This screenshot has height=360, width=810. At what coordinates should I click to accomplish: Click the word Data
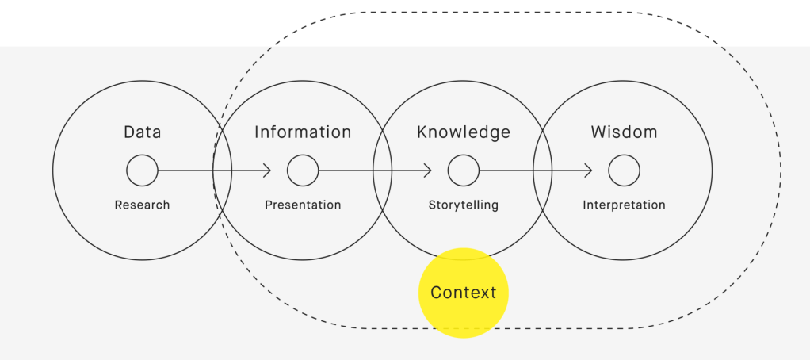[143, 132]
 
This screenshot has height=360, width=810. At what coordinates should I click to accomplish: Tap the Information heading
[303, 132]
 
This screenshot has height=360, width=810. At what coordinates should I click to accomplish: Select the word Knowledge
[464, 132]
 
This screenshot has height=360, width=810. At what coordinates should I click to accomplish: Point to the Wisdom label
[624, 132]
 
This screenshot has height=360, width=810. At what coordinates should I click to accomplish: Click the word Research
[143, 205]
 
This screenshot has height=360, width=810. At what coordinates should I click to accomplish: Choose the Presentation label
[303, 205]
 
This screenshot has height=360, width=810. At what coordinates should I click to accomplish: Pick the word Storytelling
[464, 205]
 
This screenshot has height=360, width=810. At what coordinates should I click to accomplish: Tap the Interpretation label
[624, 205]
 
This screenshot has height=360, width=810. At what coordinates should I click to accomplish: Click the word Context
[464, 293]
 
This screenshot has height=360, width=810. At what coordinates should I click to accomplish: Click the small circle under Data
[143, 170]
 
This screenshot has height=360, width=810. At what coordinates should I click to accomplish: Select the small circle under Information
[303, 170]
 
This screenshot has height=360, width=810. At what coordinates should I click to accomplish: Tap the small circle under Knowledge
[464, 170]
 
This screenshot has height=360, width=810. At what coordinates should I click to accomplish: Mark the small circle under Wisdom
[624, 170]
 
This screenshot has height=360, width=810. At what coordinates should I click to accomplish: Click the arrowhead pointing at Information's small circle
[268, 170]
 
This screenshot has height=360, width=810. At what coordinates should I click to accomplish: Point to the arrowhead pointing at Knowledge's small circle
[429, 170]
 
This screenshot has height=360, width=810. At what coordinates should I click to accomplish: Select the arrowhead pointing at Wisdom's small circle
[589, 170]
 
